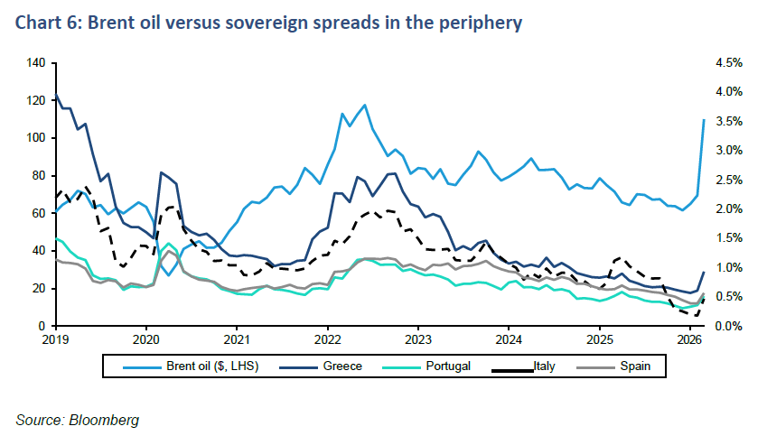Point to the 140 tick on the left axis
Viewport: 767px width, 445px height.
click(37, 63)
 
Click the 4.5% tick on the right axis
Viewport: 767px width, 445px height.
click(728, 63)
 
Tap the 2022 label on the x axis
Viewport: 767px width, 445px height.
click(327, 340)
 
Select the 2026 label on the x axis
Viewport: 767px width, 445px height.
click(689, 340)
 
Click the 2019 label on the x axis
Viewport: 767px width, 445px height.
click(56, 340)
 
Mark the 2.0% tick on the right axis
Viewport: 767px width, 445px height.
click(728, 209)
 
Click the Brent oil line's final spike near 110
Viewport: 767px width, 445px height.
click(704, 120)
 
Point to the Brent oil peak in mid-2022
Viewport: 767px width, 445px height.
click(364, 105)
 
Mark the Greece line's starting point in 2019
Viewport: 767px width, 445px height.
click(56, 94)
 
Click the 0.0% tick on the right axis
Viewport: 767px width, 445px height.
click(728, 326)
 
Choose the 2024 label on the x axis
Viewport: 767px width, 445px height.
click(509, 340)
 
